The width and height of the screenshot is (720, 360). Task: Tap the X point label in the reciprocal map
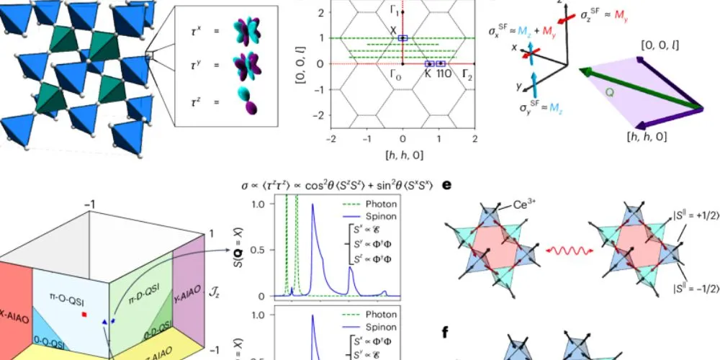(393, 30)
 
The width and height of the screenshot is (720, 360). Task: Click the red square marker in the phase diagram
(84, 314)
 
